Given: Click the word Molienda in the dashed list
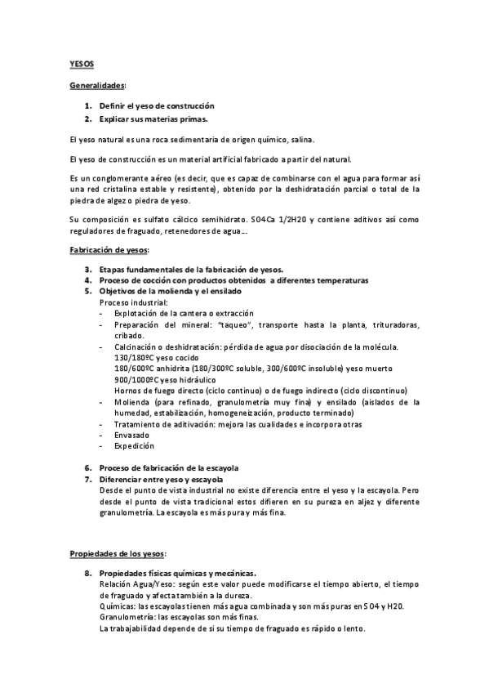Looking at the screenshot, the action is (x=134, y=402).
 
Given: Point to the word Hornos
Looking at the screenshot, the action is (x=127, y=391).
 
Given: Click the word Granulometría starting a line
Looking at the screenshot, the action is (x=127, y=618).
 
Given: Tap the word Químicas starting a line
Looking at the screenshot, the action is (x=118, y=606).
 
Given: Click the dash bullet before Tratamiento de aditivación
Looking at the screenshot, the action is (x=100, y=424).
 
